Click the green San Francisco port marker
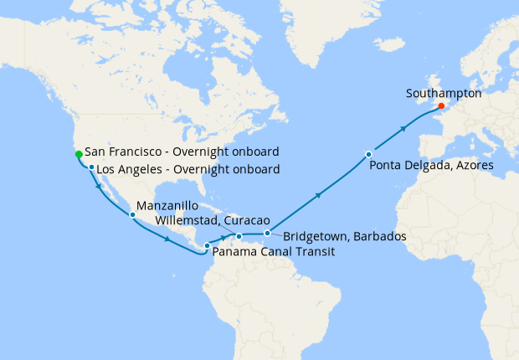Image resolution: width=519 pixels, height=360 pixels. [x=78, y=154]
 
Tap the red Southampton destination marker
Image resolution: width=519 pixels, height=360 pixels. [x=441, y=106]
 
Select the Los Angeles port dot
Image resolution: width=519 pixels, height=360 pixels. [x=91, y=167]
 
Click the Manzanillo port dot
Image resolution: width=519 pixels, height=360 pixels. [x=132, y=215]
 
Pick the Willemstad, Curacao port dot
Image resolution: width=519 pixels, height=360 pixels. [x=239, y=236]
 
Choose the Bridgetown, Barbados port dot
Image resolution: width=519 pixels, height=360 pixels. [x=267, y=233]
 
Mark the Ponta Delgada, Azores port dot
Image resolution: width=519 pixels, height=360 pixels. [x=368, y=154]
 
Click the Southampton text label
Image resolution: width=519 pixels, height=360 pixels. [x=444, y=94]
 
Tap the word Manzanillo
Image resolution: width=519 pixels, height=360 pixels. [x=167, y=205]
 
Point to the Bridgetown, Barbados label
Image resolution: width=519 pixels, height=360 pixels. [x=345, y=237]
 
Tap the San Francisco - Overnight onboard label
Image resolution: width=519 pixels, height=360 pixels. [x=182, y=152]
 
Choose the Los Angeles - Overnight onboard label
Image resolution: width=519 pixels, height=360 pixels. [x=188, y=170]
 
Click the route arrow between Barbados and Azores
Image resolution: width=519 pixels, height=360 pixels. [x=319, y=194]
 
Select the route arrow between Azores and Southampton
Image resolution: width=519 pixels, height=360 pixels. [x=405, y=128]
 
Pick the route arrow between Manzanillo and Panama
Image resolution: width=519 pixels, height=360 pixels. [x=168, y=239]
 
